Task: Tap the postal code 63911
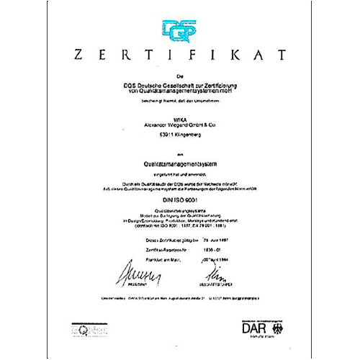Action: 151,133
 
